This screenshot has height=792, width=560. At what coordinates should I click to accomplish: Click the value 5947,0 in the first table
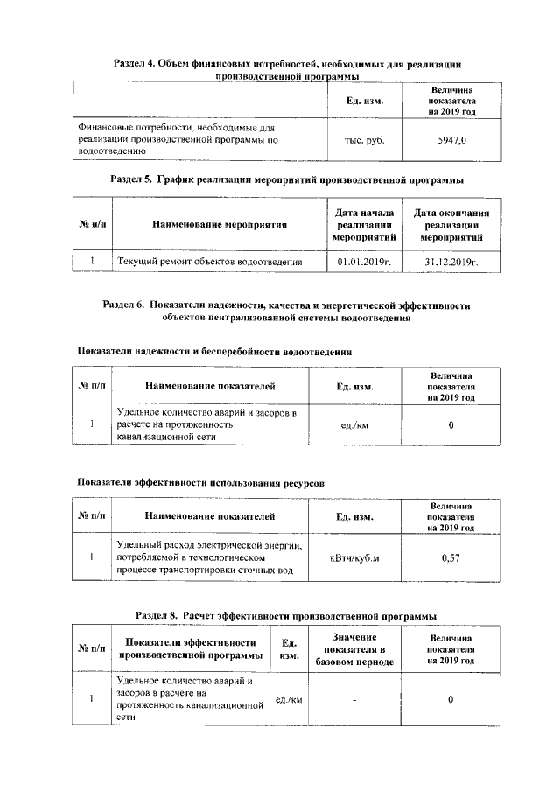click(451, 139)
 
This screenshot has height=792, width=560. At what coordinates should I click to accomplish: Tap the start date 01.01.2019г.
click(365, 262)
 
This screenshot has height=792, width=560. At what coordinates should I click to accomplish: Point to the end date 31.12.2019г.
click(451, 262)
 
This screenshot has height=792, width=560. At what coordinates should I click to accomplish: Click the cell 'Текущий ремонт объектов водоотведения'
click(209, 262)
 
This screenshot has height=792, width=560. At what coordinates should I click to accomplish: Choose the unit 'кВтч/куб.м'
click(354, 557)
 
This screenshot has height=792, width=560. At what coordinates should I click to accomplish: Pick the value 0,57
click(451, 557)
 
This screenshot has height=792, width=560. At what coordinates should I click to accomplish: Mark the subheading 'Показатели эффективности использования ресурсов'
click(200, 482)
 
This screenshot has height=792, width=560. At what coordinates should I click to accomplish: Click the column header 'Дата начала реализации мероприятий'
click(365, 225)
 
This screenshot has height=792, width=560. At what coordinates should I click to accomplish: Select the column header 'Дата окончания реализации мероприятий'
click(451, 225)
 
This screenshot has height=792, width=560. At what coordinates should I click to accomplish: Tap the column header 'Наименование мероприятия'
click(220, 225)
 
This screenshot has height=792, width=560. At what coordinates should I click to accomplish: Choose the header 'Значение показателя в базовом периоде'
click(354, 649)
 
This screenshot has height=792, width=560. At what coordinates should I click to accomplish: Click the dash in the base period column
click(354, 698)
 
